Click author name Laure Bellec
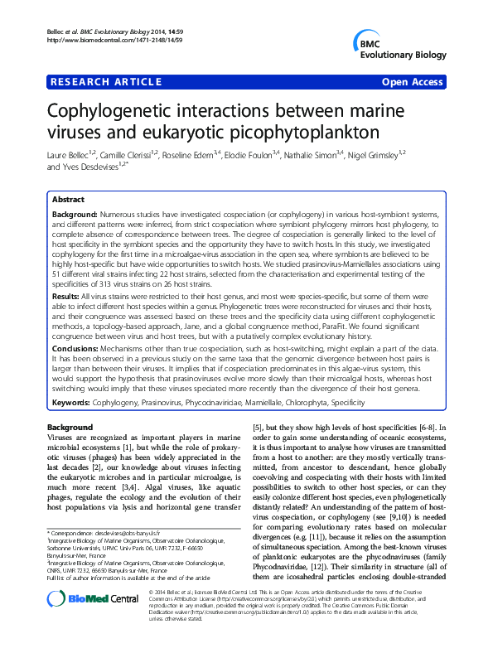point(70,154)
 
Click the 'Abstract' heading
point(68,201)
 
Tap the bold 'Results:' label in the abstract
point(67,295)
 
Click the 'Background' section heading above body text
point(70,426)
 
